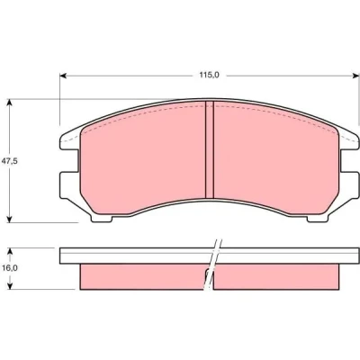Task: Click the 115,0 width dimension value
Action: (210, 75)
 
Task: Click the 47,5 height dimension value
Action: (10, 161)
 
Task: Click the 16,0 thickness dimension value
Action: (10, 268)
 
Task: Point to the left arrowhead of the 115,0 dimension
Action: (63, 76)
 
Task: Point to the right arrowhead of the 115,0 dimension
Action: (355, 76)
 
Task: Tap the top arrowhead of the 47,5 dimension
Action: (10, 103)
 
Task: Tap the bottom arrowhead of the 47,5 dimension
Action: (10, 219)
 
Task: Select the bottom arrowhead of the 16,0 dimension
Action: (11, 286)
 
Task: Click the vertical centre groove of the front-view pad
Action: (210, 149)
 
